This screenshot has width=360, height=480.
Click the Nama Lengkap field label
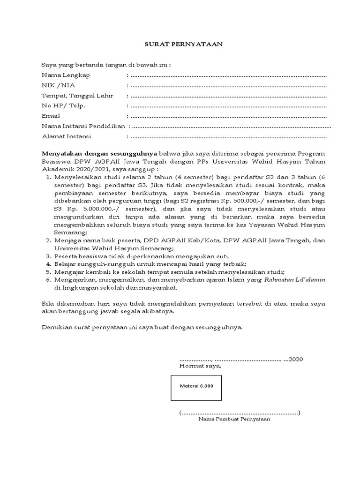[x=66, y=75]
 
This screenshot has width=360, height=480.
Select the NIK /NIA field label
[x=58, y=85]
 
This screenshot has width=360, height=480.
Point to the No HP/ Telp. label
[x=64, y=106]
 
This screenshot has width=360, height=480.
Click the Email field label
[x=51, y=116]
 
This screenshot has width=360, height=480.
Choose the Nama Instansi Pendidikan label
[x=83, y=126]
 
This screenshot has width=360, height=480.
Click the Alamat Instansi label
[x=67, y=136]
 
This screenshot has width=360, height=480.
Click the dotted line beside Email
[x=228, y=116]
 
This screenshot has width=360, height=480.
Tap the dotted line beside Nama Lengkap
[x=228, y=75]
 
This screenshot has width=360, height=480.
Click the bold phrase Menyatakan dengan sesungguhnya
[x=100, y=153]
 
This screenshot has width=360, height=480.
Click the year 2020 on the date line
[x=296, y=359]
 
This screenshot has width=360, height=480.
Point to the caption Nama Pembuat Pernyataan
[x=234, y=420]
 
